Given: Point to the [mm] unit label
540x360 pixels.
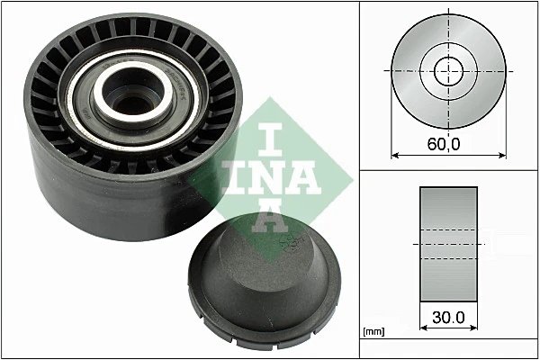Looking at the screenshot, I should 372,332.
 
